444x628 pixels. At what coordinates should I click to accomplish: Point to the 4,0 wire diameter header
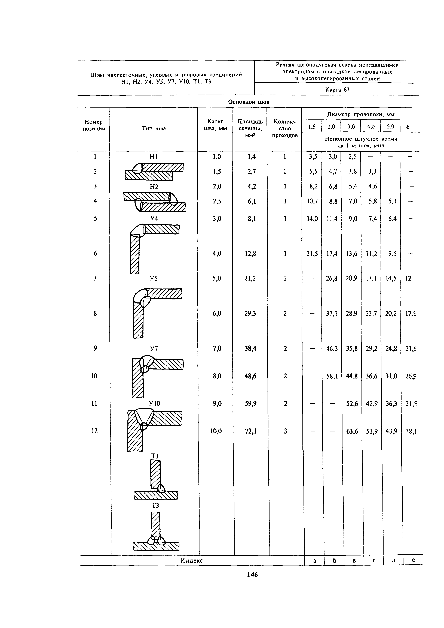[370, 127]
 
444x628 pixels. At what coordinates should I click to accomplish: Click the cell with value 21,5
[312, 254]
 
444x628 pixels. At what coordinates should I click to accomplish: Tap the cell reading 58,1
[332, 376]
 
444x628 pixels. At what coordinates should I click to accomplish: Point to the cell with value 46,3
[332, 348]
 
